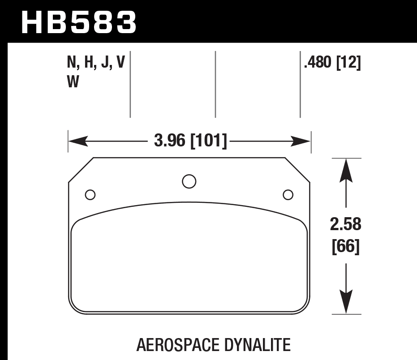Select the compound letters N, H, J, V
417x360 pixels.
pyautogui.click(x=95, y=64)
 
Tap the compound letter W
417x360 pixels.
pyautogui.click(x=73, y=83)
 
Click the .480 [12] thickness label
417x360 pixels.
pyautogui.click(x=332, y=64)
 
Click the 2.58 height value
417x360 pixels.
pyautogui.click(x=345, y=225)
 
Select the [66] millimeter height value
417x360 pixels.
pyautogui.click(x=345, y=247)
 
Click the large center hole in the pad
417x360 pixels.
pyautogui.click(x=189, y=181)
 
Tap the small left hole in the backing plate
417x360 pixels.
pyautogui.click(x=90, y=195)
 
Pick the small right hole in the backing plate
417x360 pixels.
pyautogui.click(x=288, y=195)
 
